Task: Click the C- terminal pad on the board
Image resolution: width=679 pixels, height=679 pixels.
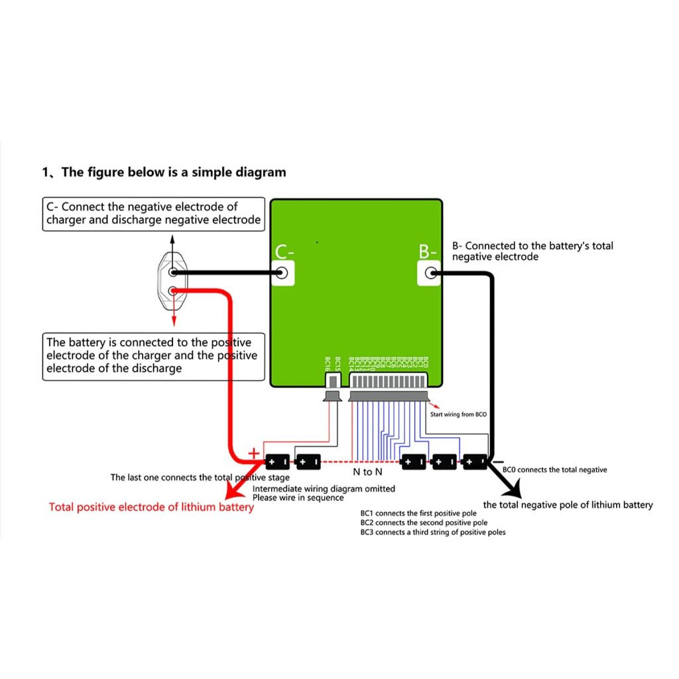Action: point(282,272)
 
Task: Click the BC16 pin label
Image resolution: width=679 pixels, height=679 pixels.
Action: point(328,364)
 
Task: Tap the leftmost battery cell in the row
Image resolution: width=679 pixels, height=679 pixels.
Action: point(277,460)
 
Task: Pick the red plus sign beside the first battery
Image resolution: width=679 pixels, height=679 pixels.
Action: point(253,452)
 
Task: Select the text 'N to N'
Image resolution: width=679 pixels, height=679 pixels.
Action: point(367,472)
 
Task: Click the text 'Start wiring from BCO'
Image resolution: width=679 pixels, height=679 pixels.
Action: point(459,414)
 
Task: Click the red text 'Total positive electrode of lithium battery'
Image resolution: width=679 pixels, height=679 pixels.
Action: point(151,507)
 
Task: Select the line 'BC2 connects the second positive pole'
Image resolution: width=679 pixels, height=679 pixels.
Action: point(424,523)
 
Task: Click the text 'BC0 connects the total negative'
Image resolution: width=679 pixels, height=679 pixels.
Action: point(554,469)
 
